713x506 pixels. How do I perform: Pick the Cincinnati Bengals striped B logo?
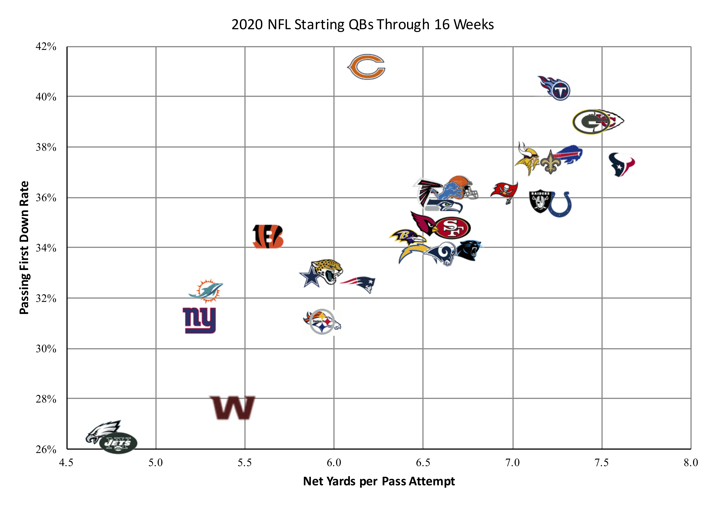[x=268, y=236]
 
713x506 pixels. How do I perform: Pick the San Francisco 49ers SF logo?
[x=452, y=228]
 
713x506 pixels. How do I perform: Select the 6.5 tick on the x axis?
[x=423, y=463]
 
